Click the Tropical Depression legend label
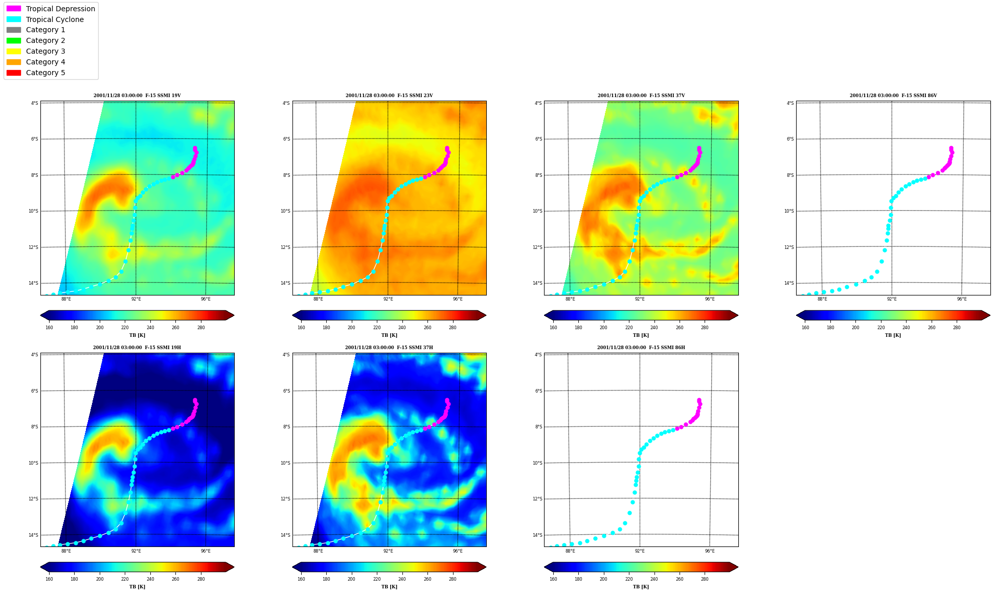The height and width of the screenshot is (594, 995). (60, 9)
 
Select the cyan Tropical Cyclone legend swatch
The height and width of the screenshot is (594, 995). (14, 19)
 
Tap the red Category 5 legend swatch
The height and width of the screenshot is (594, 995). (14, 73)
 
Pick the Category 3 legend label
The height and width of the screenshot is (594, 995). (46, 51)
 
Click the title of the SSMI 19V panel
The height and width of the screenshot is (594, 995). (137, 96)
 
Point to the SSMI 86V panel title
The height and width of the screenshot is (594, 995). (893, 96)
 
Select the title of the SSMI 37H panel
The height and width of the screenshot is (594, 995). (389, 348)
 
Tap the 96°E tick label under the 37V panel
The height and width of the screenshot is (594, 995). (710, 299)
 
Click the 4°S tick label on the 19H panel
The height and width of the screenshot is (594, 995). (35, 355)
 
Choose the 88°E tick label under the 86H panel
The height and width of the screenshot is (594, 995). (570, 551)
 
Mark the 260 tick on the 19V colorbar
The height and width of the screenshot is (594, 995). (175, 328)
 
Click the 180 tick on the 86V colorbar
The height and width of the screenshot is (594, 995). (830, 328)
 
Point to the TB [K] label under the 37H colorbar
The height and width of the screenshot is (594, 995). (389, 587)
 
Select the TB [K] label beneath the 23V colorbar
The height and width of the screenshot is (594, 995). (389, 335)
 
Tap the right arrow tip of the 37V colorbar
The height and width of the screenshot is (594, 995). (738, 315)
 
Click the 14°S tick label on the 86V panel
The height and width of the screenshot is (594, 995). (790, 283)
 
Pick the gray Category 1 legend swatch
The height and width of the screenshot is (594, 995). (14, 30)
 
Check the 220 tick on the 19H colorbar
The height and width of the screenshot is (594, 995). (125, 579)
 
